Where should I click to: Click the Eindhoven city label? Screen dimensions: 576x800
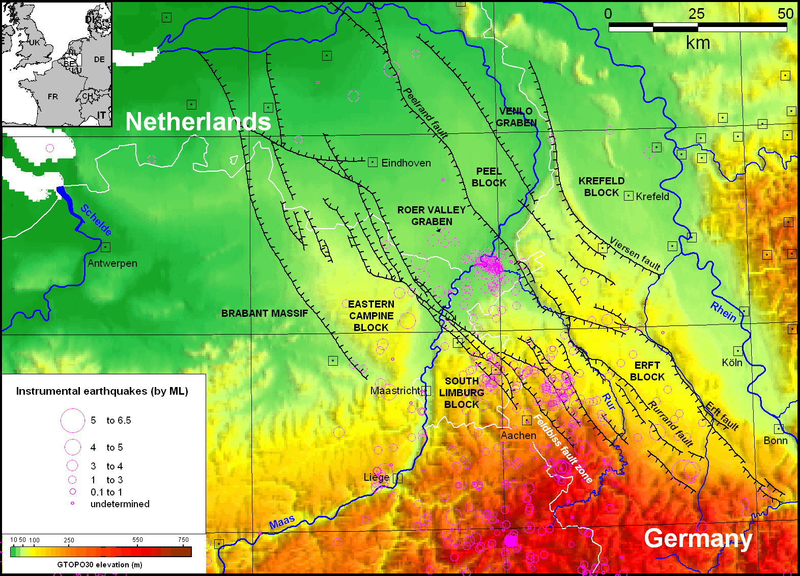coord(406,163)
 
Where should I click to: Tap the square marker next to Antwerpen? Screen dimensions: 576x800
coord(105,247)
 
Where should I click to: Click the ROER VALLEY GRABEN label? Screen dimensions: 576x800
coord(432,215)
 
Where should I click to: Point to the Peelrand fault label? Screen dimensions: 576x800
coord(425,113)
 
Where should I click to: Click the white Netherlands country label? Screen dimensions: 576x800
coord(198,122)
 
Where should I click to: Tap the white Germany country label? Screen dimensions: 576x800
coord(698,538)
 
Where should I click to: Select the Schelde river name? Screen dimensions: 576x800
coord(96,220)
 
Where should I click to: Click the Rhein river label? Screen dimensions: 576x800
coord(723,312)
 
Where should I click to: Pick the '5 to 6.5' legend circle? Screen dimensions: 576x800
coord(73,421)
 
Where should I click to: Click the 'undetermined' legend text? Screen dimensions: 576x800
coord(120,504)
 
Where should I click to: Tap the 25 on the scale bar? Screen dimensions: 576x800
coord(696,14)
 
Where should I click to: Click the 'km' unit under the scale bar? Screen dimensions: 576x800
coord(698,43)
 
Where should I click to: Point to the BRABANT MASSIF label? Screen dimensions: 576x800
coord(264,313)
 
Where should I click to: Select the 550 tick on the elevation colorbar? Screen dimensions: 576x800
coord(137,539)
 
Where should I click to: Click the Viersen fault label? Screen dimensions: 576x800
coord(635,254)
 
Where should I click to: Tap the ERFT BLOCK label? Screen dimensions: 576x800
coord(647,371)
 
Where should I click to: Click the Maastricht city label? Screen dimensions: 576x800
coord(395,391)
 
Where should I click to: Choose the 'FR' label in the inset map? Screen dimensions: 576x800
coord(52,97)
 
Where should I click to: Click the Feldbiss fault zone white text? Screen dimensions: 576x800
coord(562,449)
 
